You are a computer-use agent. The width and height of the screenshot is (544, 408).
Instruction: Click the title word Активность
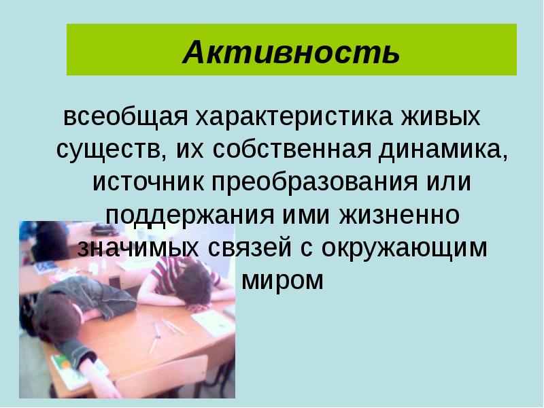[x=291, y=52]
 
